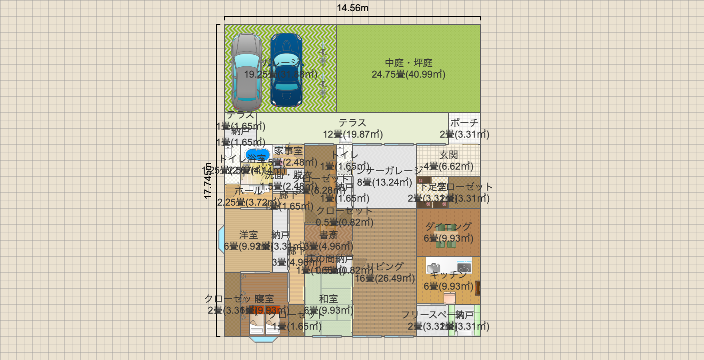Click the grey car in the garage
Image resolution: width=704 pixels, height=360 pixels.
click(246, 72)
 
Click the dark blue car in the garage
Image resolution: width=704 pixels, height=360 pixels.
click(286, 70)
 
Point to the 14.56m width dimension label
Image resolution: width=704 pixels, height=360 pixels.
click(352, 8)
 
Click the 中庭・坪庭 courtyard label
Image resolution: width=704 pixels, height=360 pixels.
click(408, 63)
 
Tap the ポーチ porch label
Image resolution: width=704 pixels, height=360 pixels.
click(464, 123)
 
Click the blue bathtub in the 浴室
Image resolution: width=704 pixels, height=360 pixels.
click(257, 155)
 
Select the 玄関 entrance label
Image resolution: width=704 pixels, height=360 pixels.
click(448, 155)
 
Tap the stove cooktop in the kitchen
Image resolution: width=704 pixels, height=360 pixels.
click(464, 267)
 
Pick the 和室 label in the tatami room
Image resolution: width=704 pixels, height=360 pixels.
click(328, 299)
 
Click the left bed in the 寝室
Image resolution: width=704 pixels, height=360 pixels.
click(256, 324)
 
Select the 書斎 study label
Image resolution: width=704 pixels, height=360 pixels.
click(328, 235)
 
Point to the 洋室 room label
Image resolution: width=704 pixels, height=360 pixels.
click(248, 235)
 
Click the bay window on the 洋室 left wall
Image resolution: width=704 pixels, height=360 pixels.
click(221, 240)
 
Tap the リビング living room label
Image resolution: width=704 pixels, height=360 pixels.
click(385, 266)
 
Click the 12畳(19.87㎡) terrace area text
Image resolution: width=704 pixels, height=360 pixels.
click(352, 134)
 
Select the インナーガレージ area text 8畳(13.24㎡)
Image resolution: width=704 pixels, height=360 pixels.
click(384, 182)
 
